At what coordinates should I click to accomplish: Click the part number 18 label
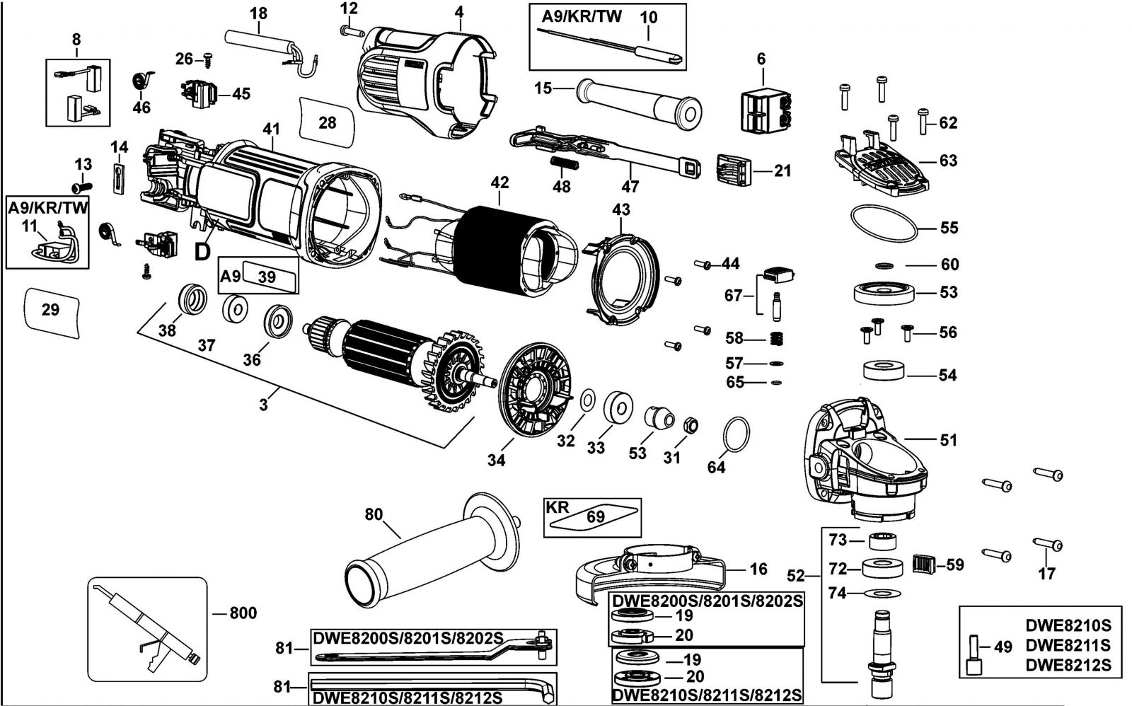pos(258,13)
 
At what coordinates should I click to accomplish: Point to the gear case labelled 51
pos(863,460)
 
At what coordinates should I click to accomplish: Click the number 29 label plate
pos(51,310)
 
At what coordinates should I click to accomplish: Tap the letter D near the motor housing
pos(203,251)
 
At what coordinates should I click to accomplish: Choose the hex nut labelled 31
pos(691,425)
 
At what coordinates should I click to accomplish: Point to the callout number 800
pos(243,613)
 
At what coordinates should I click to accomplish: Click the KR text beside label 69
pos(558,507)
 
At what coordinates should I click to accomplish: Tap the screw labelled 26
pos(208,60)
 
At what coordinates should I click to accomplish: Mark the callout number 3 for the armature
pos(263,405)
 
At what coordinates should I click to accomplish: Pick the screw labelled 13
pos(81,187)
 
